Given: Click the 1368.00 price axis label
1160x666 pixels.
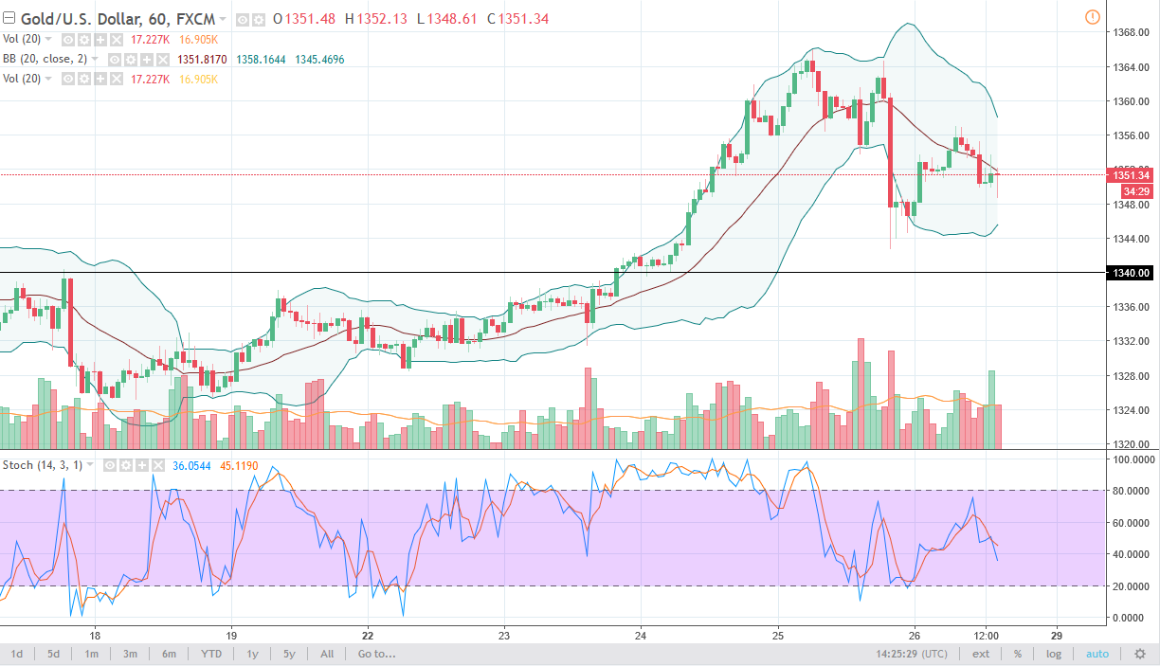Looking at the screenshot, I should (1130, 32).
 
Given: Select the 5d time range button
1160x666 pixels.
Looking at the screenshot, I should (54, 654).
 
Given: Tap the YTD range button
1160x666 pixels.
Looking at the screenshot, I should (211, 654).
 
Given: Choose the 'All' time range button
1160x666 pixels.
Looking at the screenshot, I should (327, 654).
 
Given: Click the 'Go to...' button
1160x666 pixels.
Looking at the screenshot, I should (376, 654).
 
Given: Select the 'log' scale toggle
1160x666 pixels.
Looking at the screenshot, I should (1053, 654).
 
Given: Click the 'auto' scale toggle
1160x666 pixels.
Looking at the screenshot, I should (1097, 654).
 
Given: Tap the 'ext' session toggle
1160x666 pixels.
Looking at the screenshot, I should (981, 654).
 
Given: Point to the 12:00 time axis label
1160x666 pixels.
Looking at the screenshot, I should (987, 635).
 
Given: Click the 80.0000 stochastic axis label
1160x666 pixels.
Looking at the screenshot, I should (1131, 491).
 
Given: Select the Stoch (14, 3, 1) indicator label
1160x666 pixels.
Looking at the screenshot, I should (44, 465).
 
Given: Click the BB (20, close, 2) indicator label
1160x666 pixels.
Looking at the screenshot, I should (51, 59).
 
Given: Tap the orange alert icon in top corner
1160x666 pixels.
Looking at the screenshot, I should (1092, 17).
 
